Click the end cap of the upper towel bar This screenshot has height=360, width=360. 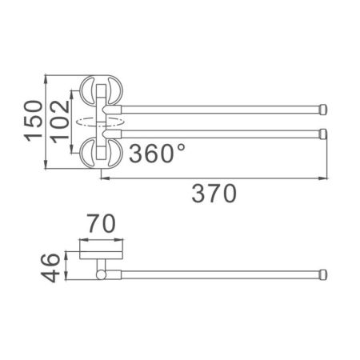click(324, 109)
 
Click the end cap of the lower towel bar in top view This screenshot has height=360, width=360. click(324, 132)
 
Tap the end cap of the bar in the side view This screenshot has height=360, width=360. click(324, 274)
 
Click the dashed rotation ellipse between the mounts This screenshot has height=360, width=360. click(97, 121)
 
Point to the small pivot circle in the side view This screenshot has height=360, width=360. click(100, 275)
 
